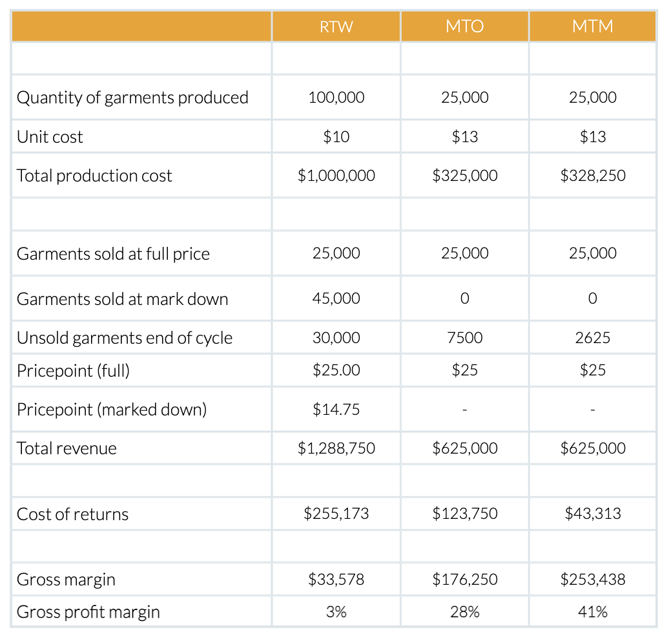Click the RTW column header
tap(336, 26)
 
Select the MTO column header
tap(465, 26)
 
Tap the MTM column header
tap(593, 26)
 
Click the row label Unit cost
tap(50, 137)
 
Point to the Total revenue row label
tap(67, 448)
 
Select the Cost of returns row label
tap(73, 514)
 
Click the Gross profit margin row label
tap(88, 612)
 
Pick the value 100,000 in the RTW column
tap(336, 98)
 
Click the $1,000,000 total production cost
tap(336, 176)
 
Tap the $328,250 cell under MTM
tap(593, 176)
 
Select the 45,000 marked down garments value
tap(336, 299)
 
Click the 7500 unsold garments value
tap(465, 338)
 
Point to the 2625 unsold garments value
tap(593, 338)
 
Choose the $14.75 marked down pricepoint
tap(336, 409)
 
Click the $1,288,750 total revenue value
tap(336, 448)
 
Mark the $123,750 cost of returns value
tap(465, 514)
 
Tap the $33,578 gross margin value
tap(336, 580)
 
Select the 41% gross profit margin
tap(593, 612)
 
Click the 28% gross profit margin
tap(465, 612)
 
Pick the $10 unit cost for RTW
tap(336, 137)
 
